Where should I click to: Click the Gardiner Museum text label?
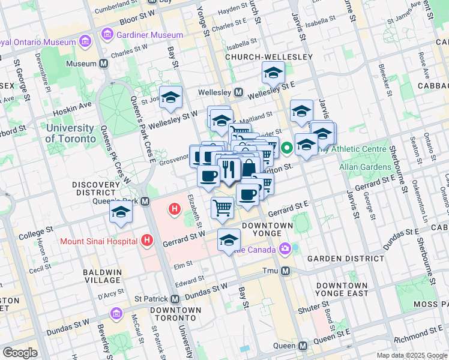pyautogui.click(x=150, y=35)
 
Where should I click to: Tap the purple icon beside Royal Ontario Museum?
pyautogui.click(x=85, y=42)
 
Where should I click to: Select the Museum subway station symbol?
pyautogui.click(x=104, y=64)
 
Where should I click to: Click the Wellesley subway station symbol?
pyautogui.click(x=238, y=92)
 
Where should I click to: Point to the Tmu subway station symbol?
pyautogui.click(x=286, y=271)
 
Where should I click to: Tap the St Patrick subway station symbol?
pyautogui.click(x=175, y=299)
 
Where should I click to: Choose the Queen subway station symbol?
pyautogui.click(x=303, y=346)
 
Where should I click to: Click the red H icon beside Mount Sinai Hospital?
pyautogui.click(x=147, y=241)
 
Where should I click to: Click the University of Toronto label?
pyautogui.click(x=70, y=133)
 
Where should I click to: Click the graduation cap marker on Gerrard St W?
pyautogui.click(x=228, y=240)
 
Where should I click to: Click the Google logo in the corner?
pyautogui.click(x=20, y=353)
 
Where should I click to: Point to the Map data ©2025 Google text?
pyautogui.click(x=412, y=355)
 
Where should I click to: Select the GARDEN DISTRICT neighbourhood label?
pyautogui.click(x=345, y=258)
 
